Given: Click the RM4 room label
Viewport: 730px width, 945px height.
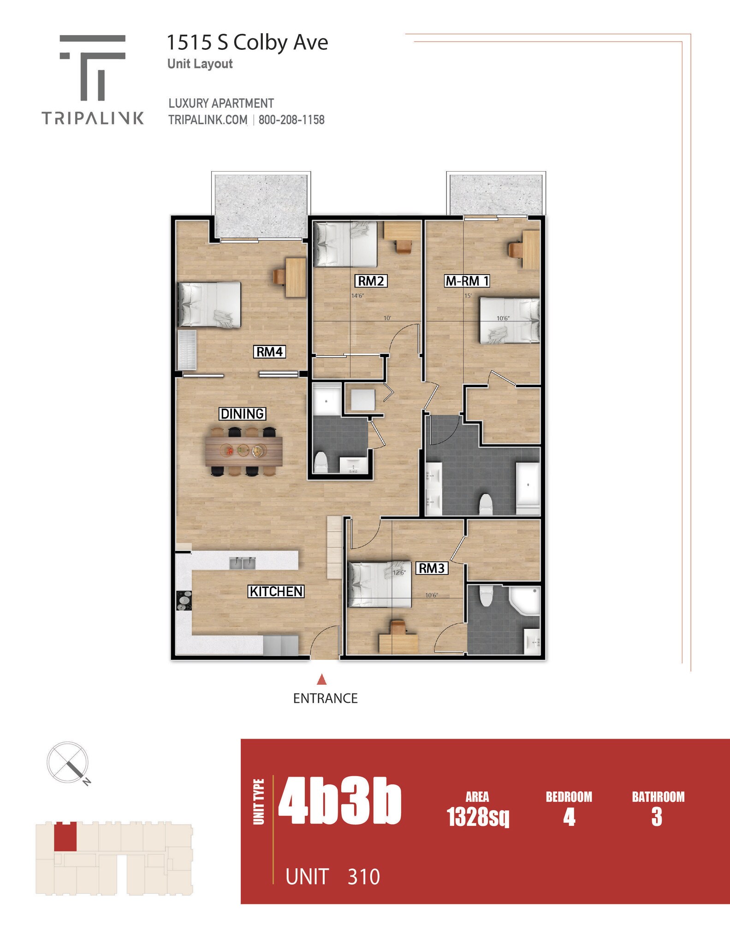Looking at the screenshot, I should (269, 352).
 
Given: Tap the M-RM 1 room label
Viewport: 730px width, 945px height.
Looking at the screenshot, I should (467, 281).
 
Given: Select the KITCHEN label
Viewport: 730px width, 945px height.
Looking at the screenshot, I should (276, 592).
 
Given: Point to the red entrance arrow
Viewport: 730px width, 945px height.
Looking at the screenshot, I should (322, 680).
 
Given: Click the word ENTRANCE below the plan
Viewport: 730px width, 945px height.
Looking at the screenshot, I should (325, 699).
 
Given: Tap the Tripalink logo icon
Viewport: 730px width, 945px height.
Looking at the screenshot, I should (93, 67).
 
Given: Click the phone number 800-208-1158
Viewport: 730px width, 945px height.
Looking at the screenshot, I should (291, 120).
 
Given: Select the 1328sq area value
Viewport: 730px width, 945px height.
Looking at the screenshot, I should (478, 817).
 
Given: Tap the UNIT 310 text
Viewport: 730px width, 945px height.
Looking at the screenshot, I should (332, 877).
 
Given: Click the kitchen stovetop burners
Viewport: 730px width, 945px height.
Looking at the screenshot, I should (184, 601).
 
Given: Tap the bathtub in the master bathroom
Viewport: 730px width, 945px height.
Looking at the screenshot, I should (528, 488).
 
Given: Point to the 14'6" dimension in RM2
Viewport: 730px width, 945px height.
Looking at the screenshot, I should (357, 296).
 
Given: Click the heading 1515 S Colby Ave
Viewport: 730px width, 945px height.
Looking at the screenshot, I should (247, 42).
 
